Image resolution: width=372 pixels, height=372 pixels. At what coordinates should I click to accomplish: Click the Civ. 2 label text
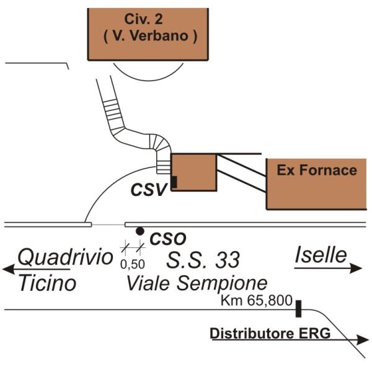[144, 19]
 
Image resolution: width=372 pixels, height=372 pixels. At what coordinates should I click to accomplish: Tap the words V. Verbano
[151, 36]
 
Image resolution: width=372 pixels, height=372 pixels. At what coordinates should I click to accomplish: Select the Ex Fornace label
[317, 170]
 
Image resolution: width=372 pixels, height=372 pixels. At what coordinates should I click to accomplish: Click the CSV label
[149, 190]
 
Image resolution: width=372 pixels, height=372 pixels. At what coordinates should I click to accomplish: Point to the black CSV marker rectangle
[174, 182]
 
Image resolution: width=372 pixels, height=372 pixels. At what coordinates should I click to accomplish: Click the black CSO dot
[139, 231]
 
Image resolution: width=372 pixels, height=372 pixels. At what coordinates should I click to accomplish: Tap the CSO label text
[168, 239]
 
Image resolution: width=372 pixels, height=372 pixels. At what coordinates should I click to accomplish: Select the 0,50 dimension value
[133, 264]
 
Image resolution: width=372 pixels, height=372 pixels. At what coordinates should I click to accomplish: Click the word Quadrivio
[66, 257]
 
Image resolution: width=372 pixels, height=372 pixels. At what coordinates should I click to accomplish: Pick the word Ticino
[48, 283]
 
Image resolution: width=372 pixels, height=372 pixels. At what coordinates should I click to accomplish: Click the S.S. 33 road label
[203, 260]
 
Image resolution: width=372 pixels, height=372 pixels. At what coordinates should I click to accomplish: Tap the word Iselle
[321, 255]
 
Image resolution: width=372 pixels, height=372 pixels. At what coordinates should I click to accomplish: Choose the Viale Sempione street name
[197, 283]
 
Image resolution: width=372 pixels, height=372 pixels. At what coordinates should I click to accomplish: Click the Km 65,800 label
[257, 300]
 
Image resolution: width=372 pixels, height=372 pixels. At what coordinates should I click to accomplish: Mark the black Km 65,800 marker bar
[298, 308]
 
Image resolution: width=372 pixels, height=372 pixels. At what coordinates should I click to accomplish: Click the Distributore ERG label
[270, 334]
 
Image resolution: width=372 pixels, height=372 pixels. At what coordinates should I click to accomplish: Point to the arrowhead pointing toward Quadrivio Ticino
[9, 269]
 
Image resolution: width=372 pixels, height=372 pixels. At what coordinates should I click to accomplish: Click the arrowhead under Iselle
[356, 268]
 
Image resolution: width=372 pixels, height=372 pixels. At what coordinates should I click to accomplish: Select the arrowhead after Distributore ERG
[363, 340]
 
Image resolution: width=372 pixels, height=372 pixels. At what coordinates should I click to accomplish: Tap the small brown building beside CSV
[194, 172]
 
